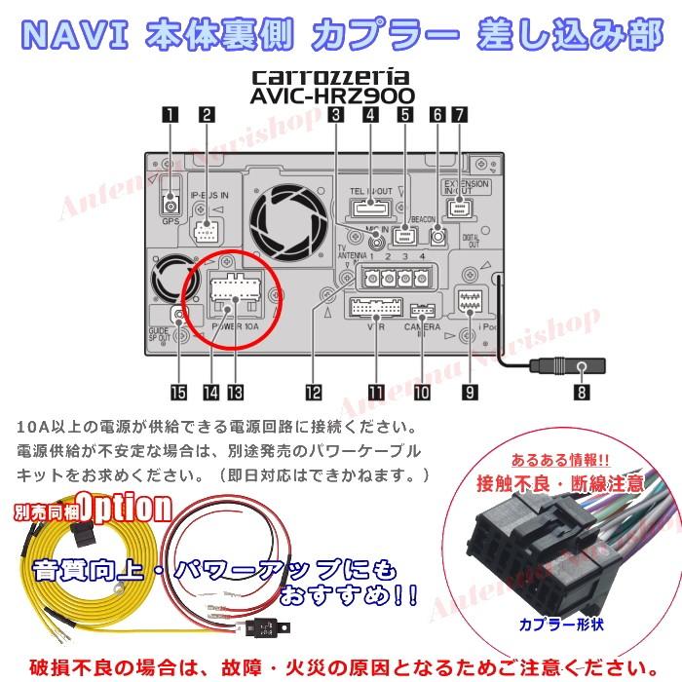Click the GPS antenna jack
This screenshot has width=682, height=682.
[172, 206]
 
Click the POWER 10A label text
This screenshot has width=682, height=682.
[235, 327]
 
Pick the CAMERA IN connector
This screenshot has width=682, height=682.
[422, 312]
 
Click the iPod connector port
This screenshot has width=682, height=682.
[470, 301]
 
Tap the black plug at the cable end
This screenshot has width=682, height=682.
[581, 368]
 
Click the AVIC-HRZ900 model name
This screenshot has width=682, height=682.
[332, 96]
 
